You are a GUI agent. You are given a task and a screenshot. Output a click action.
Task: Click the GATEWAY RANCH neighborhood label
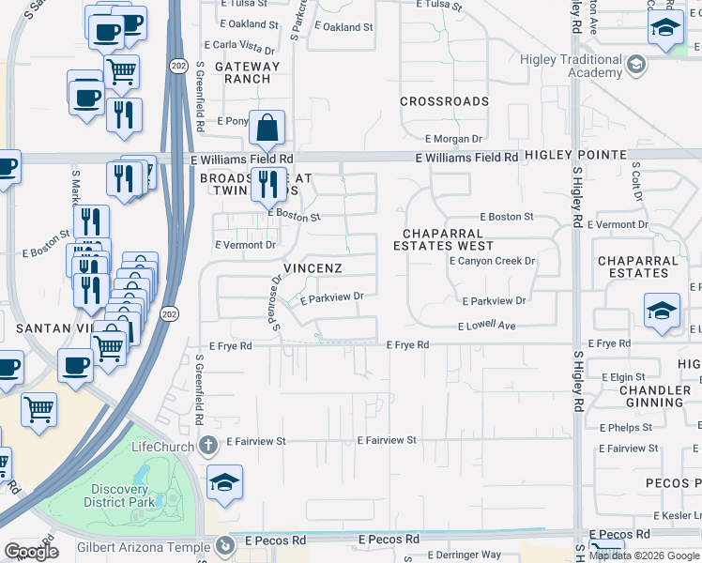pos(248,72)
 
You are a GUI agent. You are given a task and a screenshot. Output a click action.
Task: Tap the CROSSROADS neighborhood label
pos(444,101)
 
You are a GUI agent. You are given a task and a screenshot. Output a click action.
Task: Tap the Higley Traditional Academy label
pos(572,66)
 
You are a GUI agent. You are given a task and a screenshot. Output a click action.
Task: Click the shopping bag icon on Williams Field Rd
pos(267,129)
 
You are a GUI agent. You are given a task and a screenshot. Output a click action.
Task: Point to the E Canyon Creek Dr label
pos(491,261)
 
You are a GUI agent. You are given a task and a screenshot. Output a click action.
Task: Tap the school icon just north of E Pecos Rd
pos(225,483)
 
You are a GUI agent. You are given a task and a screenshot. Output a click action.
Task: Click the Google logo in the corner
pos(31,552)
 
